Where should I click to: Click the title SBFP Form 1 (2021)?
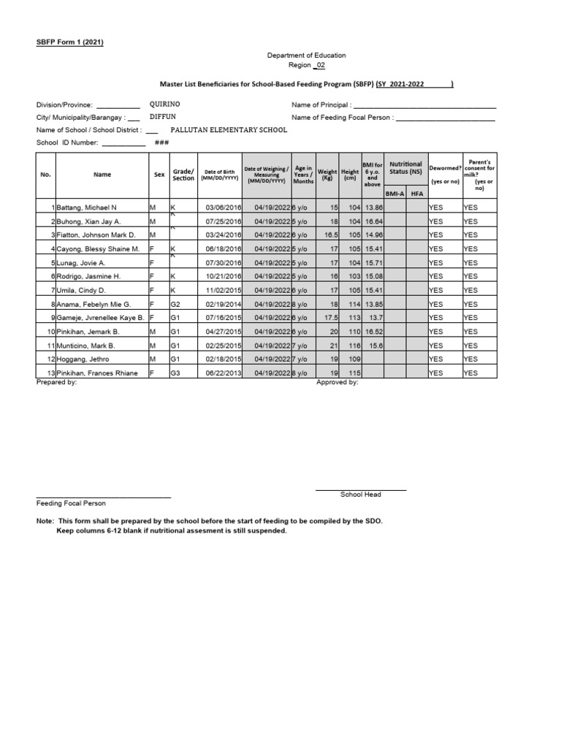click(x=70, y=42)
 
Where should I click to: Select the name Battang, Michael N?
click(x=83, y=207)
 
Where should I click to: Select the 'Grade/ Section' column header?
click(x=183, y=175)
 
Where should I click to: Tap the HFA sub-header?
click(x=417, y=194)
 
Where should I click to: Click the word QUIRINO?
click(x=166, y=104)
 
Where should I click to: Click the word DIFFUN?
click(x=163, y=117)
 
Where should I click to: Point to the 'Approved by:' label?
click(x=337, y=382)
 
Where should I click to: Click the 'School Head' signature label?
click(x=361, y=495)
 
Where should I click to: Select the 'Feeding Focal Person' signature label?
click(x=71, y=503)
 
